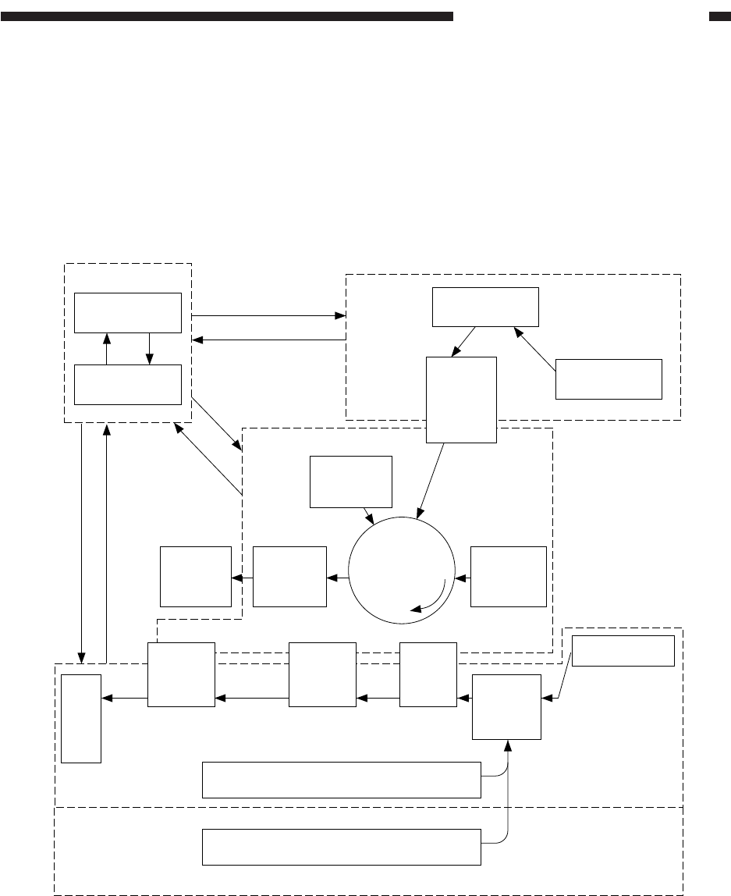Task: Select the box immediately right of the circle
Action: tap(508, 577)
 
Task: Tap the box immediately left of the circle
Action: tap(289, 577)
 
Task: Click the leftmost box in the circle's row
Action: tap(196, 577)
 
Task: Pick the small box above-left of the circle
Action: tap(350, 482)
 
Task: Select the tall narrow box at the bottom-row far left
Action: tap(82, 717)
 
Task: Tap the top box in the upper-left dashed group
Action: tap(128, 313)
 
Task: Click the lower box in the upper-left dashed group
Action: tap(128, 384)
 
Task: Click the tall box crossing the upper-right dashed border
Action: tap(462, 400)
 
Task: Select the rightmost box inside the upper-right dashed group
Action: tap(609, 379)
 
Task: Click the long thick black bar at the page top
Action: tap(226, 16)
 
